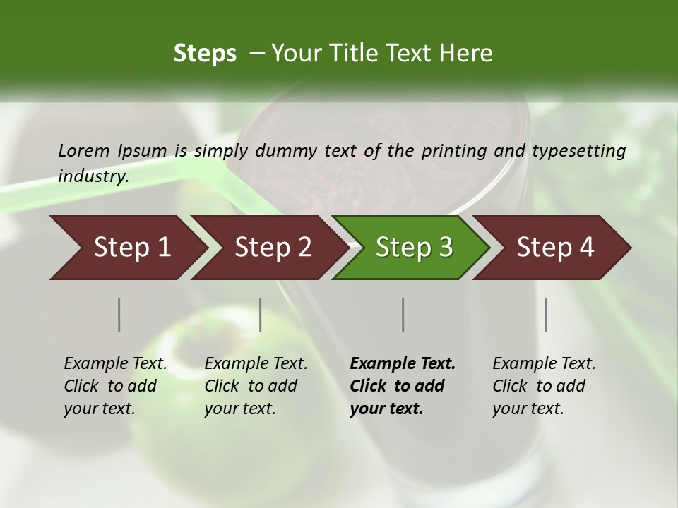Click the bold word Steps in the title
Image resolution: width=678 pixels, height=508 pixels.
[205, 54]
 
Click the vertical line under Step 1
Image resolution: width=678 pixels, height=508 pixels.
[119, 315]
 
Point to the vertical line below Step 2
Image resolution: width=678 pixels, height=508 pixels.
[261, 315]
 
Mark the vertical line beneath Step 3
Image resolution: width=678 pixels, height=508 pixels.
[403, 315]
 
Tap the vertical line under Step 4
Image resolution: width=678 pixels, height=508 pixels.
[546, 315]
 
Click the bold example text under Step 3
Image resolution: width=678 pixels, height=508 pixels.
[403, 386]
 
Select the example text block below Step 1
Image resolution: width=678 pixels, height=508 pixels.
[115, 386]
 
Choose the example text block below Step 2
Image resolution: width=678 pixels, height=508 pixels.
[256, 386]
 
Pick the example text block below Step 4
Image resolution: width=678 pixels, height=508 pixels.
[544, 386]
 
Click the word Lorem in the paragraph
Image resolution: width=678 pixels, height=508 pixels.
[84, 150]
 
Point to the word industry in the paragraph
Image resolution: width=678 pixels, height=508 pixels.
[93, 176]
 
